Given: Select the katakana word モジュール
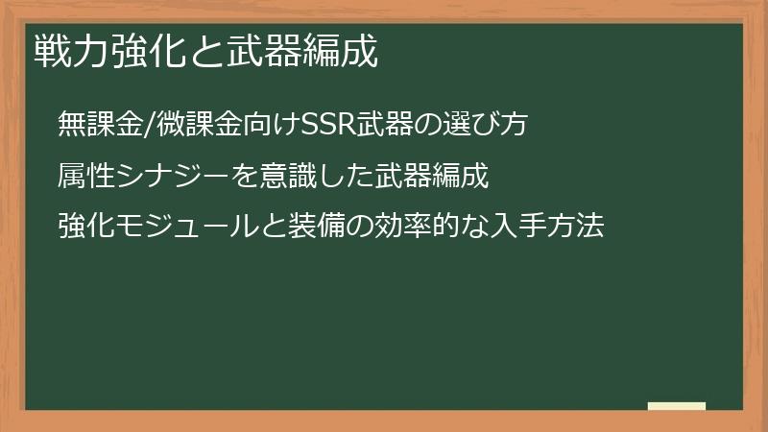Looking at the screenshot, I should click(181, 228).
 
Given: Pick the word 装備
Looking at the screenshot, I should click(307, 228).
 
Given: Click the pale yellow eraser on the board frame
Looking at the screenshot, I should click(676, 407).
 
